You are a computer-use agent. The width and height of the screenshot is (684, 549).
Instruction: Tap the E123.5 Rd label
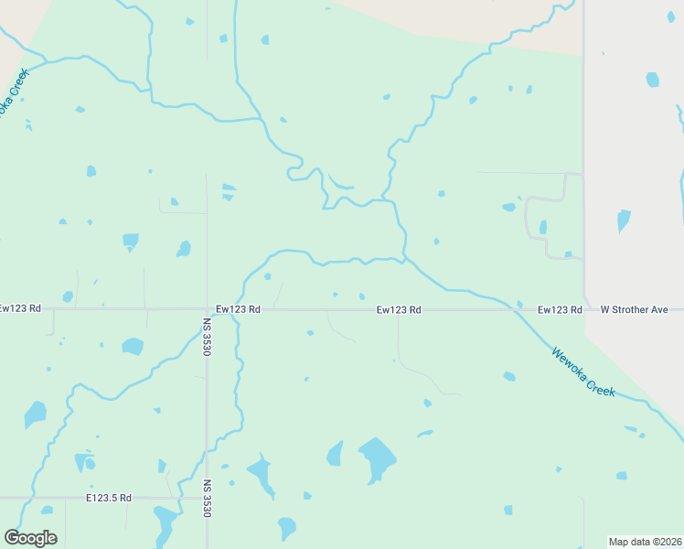click(109, 498)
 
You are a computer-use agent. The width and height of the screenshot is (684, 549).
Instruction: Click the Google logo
click(30, 538)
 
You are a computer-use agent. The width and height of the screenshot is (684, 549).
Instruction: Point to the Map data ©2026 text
click(646, 542)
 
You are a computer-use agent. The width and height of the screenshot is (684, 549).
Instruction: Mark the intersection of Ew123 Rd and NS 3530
click(208, 309)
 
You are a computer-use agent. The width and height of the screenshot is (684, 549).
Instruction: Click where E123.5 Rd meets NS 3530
click(208, 498)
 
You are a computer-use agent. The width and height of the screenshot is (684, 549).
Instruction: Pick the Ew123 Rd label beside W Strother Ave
click(560, 310)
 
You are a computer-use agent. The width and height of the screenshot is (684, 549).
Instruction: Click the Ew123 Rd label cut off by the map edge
click(20, 309)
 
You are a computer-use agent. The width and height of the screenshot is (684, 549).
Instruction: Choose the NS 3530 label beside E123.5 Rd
click(208, 500)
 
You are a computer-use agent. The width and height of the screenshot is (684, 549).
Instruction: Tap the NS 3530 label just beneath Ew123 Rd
click(208, 337)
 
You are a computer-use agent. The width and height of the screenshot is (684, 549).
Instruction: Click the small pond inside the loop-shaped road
click(543, 227)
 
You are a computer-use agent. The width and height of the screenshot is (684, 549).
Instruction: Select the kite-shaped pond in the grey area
click(624, 221)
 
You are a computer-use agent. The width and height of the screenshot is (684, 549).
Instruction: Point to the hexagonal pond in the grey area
click(652, 80)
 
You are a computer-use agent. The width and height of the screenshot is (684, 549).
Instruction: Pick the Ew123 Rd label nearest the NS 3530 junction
click(238, 310)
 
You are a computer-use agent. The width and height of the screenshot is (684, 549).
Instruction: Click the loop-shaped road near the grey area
click(528, 220)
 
